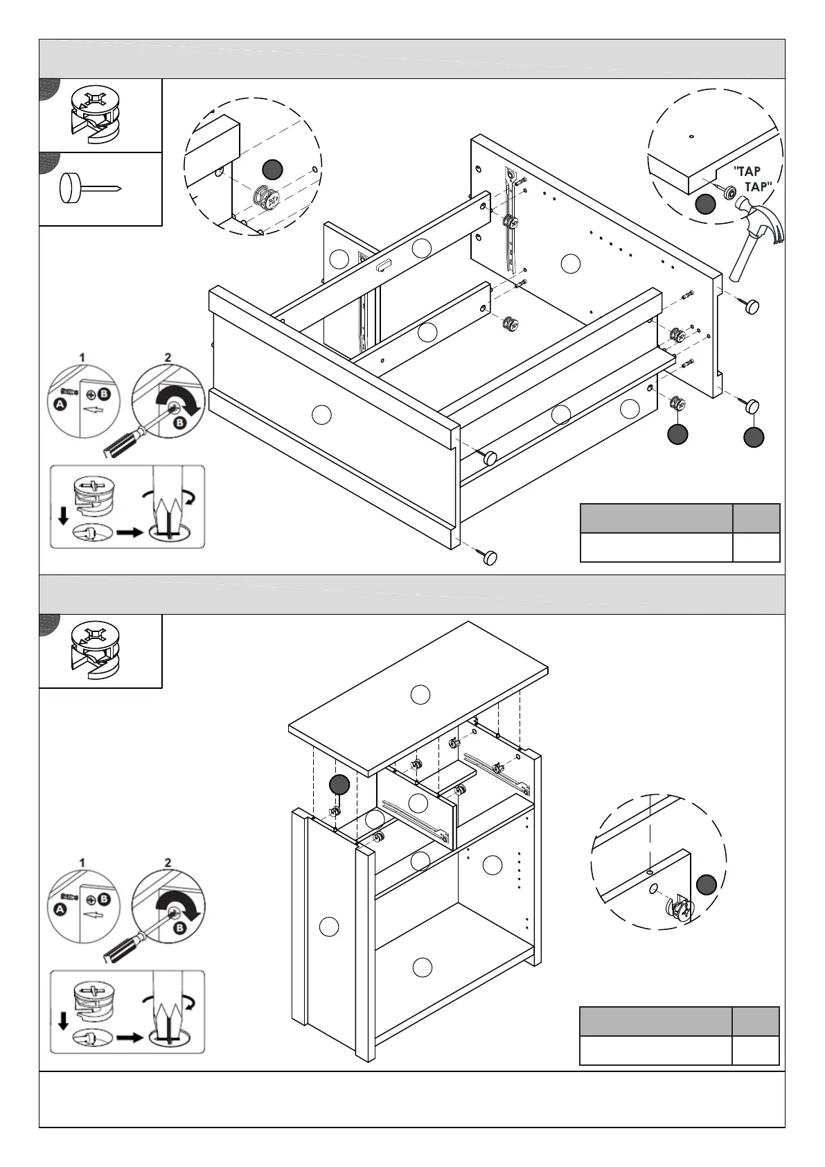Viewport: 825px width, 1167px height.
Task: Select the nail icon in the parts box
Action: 89,188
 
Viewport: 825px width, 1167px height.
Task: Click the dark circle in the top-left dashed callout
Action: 272,168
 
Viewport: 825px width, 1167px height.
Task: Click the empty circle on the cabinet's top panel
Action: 420,694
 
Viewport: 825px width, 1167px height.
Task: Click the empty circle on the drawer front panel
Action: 321,414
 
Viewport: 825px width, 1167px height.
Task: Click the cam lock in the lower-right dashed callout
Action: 679,909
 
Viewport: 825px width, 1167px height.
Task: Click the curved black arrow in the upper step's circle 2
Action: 184,401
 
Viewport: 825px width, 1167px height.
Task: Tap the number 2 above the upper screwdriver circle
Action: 168,358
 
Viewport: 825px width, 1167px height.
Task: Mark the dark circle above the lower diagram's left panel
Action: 339,784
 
